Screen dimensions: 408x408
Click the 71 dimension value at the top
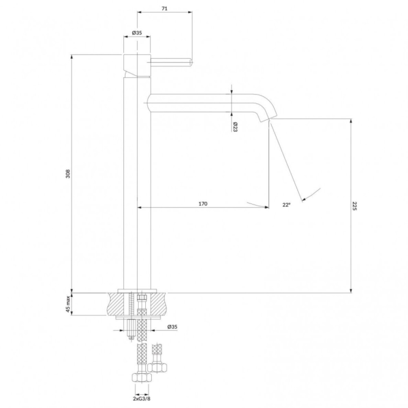[164, 9]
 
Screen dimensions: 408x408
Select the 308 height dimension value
[68, 173]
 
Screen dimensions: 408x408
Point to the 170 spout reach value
[203, 204]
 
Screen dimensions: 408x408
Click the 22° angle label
[286, 205]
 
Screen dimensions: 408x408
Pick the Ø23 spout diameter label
[235, 127]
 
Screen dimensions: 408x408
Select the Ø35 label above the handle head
[137, 33]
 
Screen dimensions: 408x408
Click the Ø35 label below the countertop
[172, 326]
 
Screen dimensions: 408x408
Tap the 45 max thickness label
[68, 304]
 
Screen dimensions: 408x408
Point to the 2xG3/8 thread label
[142, 398]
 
